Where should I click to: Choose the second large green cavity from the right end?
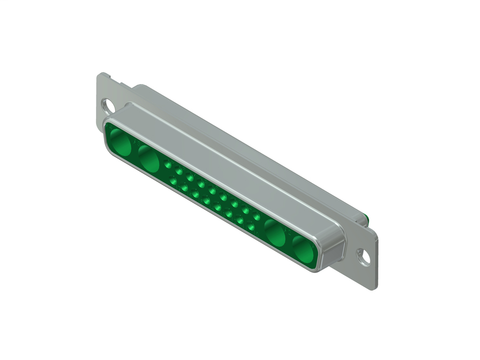[x=277, y=234]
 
